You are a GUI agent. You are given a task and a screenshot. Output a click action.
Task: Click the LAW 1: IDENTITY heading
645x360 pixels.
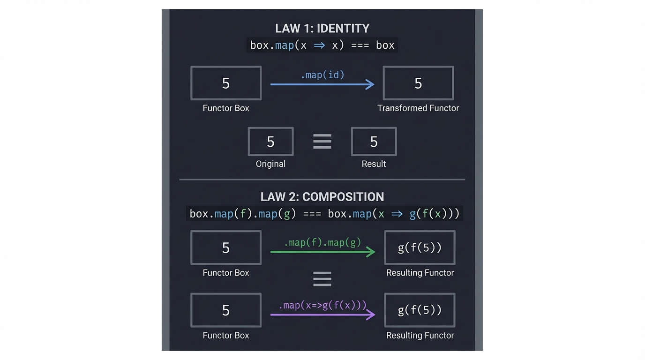[x=322, y=28]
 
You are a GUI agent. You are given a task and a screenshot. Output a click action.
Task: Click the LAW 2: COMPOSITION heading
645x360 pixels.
[x=322, y=196]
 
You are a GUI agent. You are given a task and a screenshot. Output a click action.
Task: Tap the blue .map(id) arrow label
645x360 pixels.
[x=322, y=75]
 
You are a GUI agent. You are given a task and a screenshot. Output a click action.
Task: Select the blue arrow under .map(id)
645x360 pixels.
[x=322, y=84]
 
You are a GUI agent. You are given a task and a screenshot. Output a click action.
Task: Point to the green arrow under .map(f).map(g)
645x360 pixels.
[x=322, y=252]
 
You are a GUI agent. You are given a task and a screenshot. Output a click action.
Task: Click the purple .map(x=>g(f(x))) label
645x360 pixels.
[x=322, y=305]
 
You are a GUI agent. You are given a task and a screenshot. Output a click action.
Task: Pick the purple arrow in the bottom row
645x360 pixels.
[x=322, y=315]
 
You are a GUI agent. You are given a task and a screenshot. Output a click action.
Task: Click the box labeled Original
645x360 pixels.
[x=270, y=142]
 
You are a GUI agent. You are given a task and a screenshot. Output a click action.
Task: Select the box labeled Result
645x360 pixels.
[x=374, y=142]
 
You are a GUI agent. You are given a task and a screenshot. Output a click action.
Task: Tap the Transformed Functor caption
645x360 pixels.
[x=418, y=108]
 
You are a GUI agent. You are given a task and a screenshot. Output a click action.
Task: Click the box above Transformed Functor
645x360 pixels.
[x=418, y=83]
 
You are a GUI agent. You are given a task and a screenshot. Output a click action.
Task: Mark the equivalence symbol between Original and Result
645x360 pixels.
[x=322, y=142]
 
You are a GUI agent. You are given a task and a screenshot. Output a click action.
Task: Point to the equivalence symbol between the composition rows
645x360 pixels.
[x=322, y=279]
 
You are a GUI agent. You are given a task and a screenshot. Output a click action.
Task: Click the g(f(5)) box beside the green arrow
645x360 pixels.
[x=420, y=247]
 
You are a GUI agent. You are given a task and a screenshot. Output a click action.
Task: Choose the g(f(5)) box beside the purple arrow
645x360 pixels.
[x=420, y=310]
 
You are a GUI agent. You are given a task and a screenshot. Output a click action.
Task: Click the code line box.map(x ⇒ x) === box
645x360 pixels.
[x=322, y=45]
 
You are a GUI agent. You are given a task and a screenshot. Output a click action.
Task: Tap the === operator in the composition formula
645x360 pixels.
[x=312, y=214]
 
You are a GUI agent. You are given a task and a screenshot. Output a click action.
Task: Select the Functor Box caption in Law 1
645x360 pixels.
[x=225, y=108]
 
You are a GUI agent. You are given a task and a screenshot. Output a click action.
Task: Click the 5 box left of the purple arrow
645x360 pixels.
[x=225, y=310]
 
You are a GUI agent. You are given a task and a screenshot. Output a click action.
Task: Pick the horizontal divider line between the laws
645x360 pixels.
[x=322, y=180]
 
